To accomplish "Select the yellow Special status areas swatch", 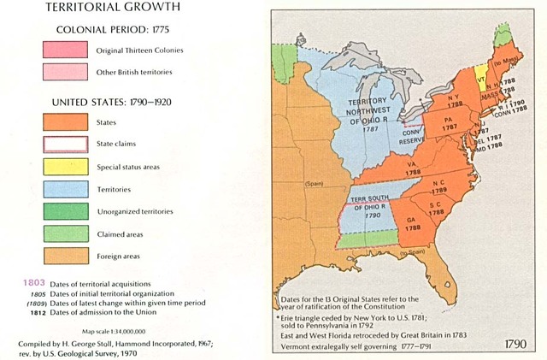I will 65,167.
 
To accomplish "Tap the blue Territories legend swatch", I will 65,189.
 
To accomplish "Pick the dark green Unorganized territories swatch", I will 65,211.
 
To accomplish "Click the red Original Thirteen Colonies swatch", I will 65,50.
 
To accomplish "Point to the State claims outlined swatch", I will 65,145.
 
